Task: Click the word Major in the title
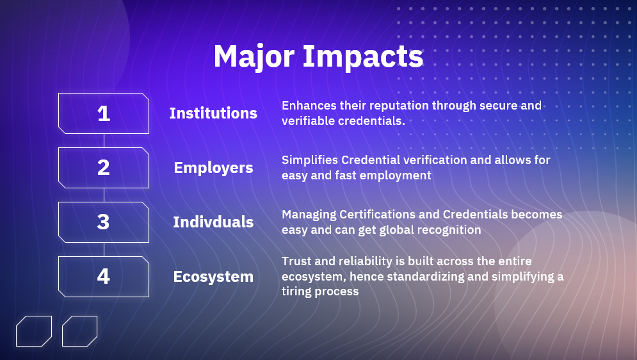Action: pos(254,56)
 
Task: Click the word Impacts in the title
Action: pos(363,56)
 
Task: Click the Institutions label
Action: pos(213,113)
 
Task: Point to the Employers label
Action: pos(213,168)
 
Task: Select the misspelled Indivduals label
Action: pos(213,222)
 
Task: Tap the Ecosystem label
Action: pos(213,277)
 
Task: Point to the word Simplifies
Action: pos(310,160)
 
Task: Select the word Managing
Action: pos(309,215)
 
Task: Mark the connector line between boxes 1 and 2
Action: pos(104,140)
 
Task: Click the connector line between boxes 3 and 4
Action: pos(104,249)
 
